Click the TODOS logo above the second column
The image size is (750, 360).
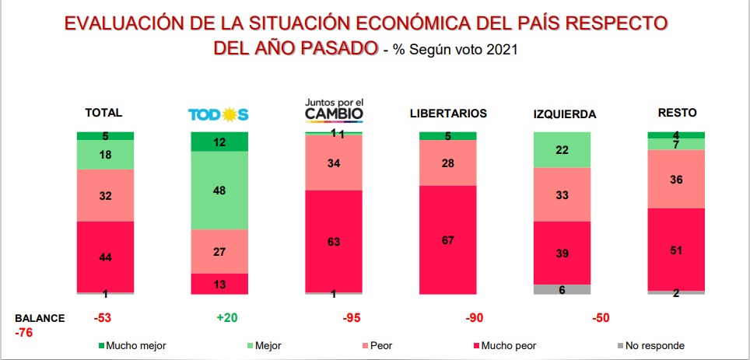[x=218, y=114]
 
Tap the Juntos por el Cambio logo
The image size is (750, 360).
[x=334, y=110]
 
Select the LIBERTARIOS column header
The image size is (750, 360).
[x=448, y=114]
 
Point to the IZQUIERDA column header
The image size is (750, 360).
[x=564, y=114]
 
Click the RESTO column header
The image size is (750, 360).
[x=676, y=113]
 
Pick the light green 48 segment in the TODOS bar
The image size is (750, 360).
[x=219, y=190]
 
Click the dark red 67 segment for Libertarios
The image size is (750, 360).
[x=448, y=239]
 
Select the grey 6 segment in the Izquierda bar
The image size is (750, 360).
[x=562, y=289]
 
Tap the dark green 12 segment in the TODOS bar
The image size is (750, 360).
[x=219, y=142]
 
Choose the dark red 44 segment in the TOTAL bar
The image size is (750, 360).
[x=105, y=257]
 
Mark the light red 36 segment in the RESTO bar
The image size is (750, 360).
[x=676, y=179]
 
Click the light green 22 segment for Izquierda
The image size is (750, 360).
[x=562, y=149]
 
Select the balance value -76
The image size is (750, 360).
[x=25, y=333]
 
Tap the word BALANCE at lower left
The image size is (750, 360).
[x=40, y=318]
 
